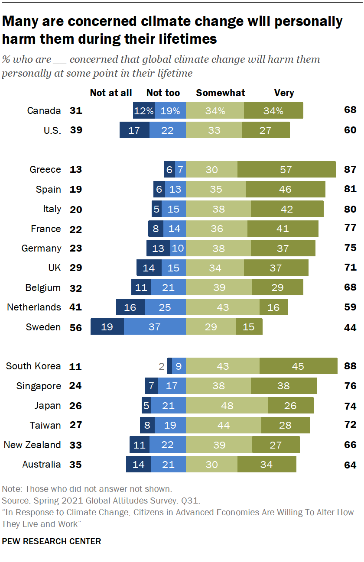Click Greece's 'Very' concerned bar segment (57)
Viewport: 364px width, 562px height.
pyautogui.click(x=286, y=170)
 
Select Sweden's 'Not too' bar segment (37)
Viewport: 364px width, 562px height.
pyautogui.click(x=155, y=327)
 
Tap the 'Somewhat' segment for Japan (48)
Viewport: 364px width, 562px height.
pyautogui.click(x=227, y=406)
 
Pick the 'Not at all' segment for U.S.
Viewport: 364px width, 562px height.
pyautogui.click(x=134, y=130)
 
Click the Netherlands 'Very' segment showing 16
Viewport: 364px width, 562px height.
pyautogui.click(x=274, y=307)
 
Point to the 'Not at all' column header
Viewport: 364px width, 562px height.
pyautogui.click(x=111, y=93)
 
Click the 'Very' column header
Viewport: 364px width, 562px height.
pyautogui.click(x=284, y=93)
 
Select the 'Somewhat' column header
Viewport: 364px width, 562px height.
pyautogui.click(x=221, y=93)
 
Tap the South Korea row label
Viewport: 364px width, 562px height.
pyautogui.click(x=33, y=366)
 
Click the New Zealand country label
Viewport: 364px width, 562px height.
pyautogui.click(x=32, y=445)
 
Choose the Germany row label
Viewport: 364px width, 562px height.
pyautogui.click(x=42, y=249)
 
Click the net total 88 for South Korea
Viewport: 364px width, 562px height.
pyautogui.click(x=350, y=366)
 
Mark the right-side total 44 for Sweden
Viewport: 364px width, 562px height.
pyautogui.click(x=350, y=328)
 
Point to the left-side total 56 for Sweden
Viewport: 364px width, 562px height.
pyautogui.click(x=76, y=328)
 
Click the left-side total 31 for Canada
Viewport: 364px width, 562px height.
pyautogui.click(x=76, y=111)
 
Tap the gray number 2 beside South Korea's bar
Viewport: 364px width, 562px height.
pyautogui.click(x=162, y=367)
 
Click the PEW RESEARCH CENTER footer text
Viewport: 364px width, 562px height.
pyautogui.click(x=52, y=541)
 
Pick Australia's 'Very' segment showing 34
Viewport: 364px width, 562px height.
pyautogui.click(x=266, y=465)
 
